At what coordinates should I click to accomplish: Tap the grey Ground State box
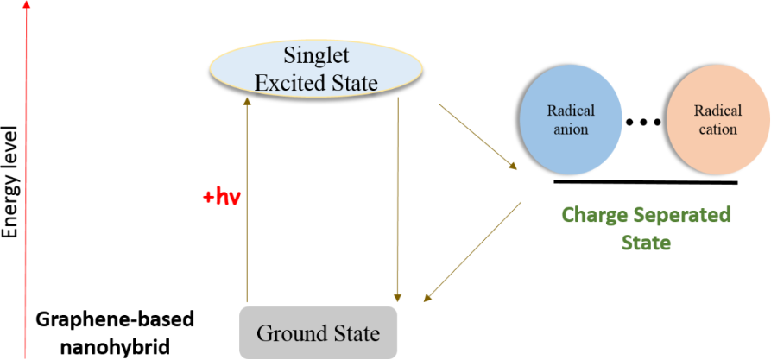point(318,332)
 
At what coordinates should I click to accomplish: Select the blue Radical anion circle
point(567,121)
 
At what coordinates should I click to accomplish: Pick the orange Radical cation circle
point(716,121)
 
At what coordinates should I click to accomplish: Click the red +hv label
point(220,196)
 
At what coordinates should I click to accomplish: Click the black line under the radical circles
point(646,182)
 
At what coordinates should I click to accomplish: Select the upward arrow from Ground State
point(248,199)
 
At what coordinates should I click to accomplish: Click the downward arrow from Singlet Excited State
point(396,199)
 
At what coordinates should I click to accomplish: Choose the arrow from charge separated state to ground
point(472,252)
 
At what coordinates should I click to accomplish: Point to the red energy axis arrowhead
point(28,5)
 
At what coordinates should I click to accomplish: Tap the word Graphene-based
point(115,319)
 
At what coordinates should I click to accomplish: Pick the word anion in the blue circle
point(567,129)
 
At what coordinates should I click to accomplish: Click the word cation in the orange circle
point(716,129)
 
